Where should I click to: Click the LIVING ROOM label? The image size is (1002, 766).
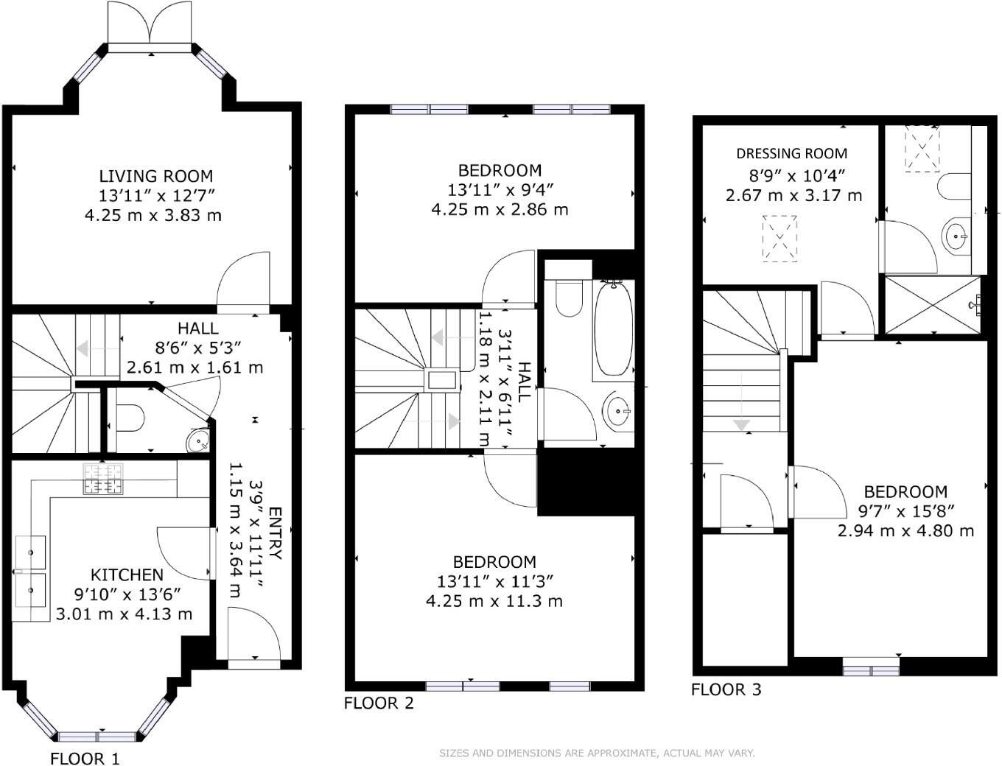pos(156,176)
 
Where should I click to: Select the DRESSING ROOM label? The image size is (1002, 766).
pos(792,153)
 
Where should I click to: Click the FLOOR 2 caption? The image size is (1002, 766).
pos(379,703)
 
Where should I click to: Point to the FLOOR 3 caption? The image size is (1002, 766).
pos(726,689)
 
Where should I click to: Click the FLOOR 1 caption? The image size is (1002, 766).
pos(85,758)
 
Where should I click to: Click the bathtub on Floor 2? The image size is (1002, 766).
pos(612,328)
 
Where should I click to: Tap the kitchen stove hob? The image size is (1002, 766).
pos(103,478)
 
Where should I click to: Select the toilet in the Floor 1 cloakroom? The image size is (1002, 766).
pos(130,418)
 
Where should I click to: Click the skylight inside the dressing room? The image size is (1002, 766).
pos(779,238)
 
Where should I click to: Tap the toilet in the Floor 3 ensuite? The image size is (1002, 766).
pos(954,186)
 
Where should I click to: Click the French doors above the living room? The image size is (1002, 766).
pos(150,23)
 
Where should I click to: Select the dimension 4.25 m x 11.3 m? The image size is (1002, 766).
pos(494,601)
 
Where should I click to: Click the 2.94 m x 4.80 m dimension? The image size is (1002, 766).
pos(905,530)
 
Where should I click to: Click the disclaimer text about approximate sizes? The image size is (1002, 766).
pos(597,753)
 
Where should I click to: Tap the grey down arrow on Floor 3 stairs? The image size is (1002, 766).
pos(741,425)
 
